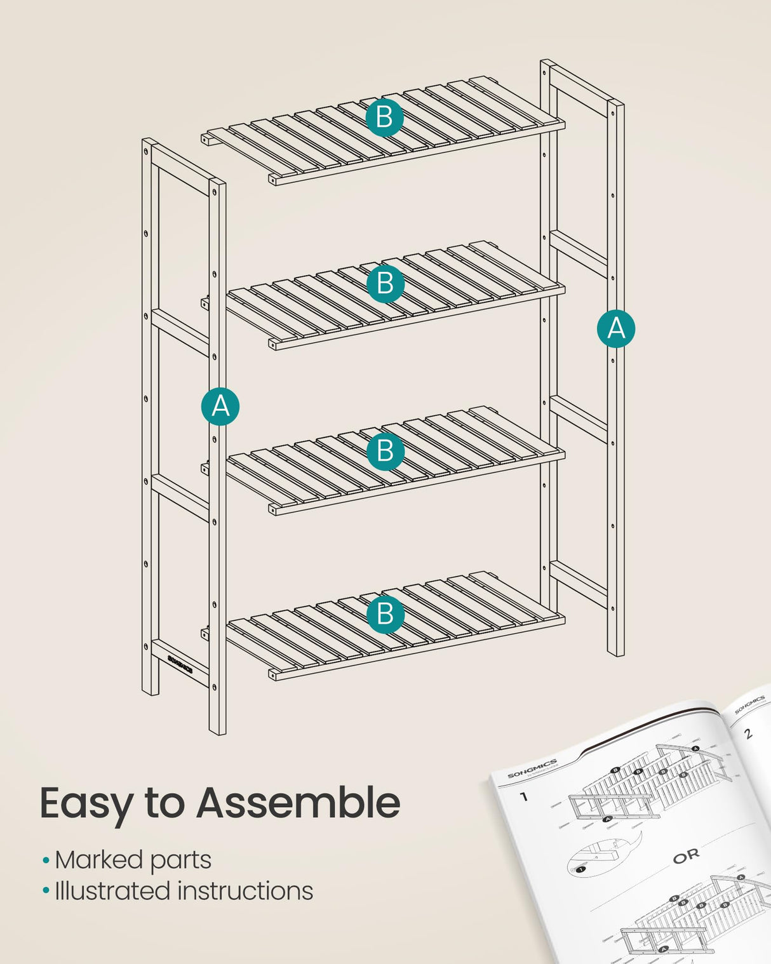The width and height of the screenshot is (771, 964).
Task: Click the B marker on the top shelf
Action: (x=384, y=117)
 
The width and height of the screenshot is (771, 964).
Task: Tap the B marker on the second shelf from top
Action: (x=385, y=283)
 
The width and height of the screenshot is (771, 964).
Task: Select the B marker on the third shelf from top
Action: (x=385, y=451)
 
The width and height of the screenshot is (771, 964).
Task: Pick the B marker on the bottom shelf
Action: (x=385, y=614)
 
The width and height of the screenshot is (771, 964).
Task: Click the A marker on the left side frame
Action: (x=220, y=406)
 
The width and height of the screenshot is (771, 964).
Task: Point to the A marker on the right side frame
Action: (x=616, y=328)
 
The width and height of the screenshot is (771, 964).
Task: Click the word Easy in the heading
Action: (x=86, y=804)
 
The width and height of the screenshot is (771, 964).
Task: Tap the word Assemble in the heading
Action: (x=298, y=803)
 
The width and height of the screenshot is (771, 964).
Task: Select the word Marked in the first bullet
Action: (x=98, y=860)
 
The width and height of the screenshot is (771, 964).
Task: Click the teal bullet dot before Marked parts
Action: (x=46, y=861)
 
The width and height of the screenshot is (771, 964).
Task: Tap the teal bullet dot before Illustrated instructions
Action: (x=46, y=892)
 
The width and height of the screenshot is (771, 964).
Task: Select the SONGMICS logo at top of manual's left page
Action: (x=532, y=768)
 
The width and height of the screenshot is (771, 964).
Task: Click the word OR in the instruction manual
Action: (x=686, y=856)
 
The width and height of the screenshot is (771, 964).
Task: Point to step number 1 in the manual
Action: (x=524, y=796)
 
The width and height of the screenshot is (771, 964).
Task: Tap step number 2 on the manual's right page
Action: (x=748, y=733)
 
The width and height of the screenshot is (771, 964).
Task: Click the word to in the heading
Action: (x=164, y=803)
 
